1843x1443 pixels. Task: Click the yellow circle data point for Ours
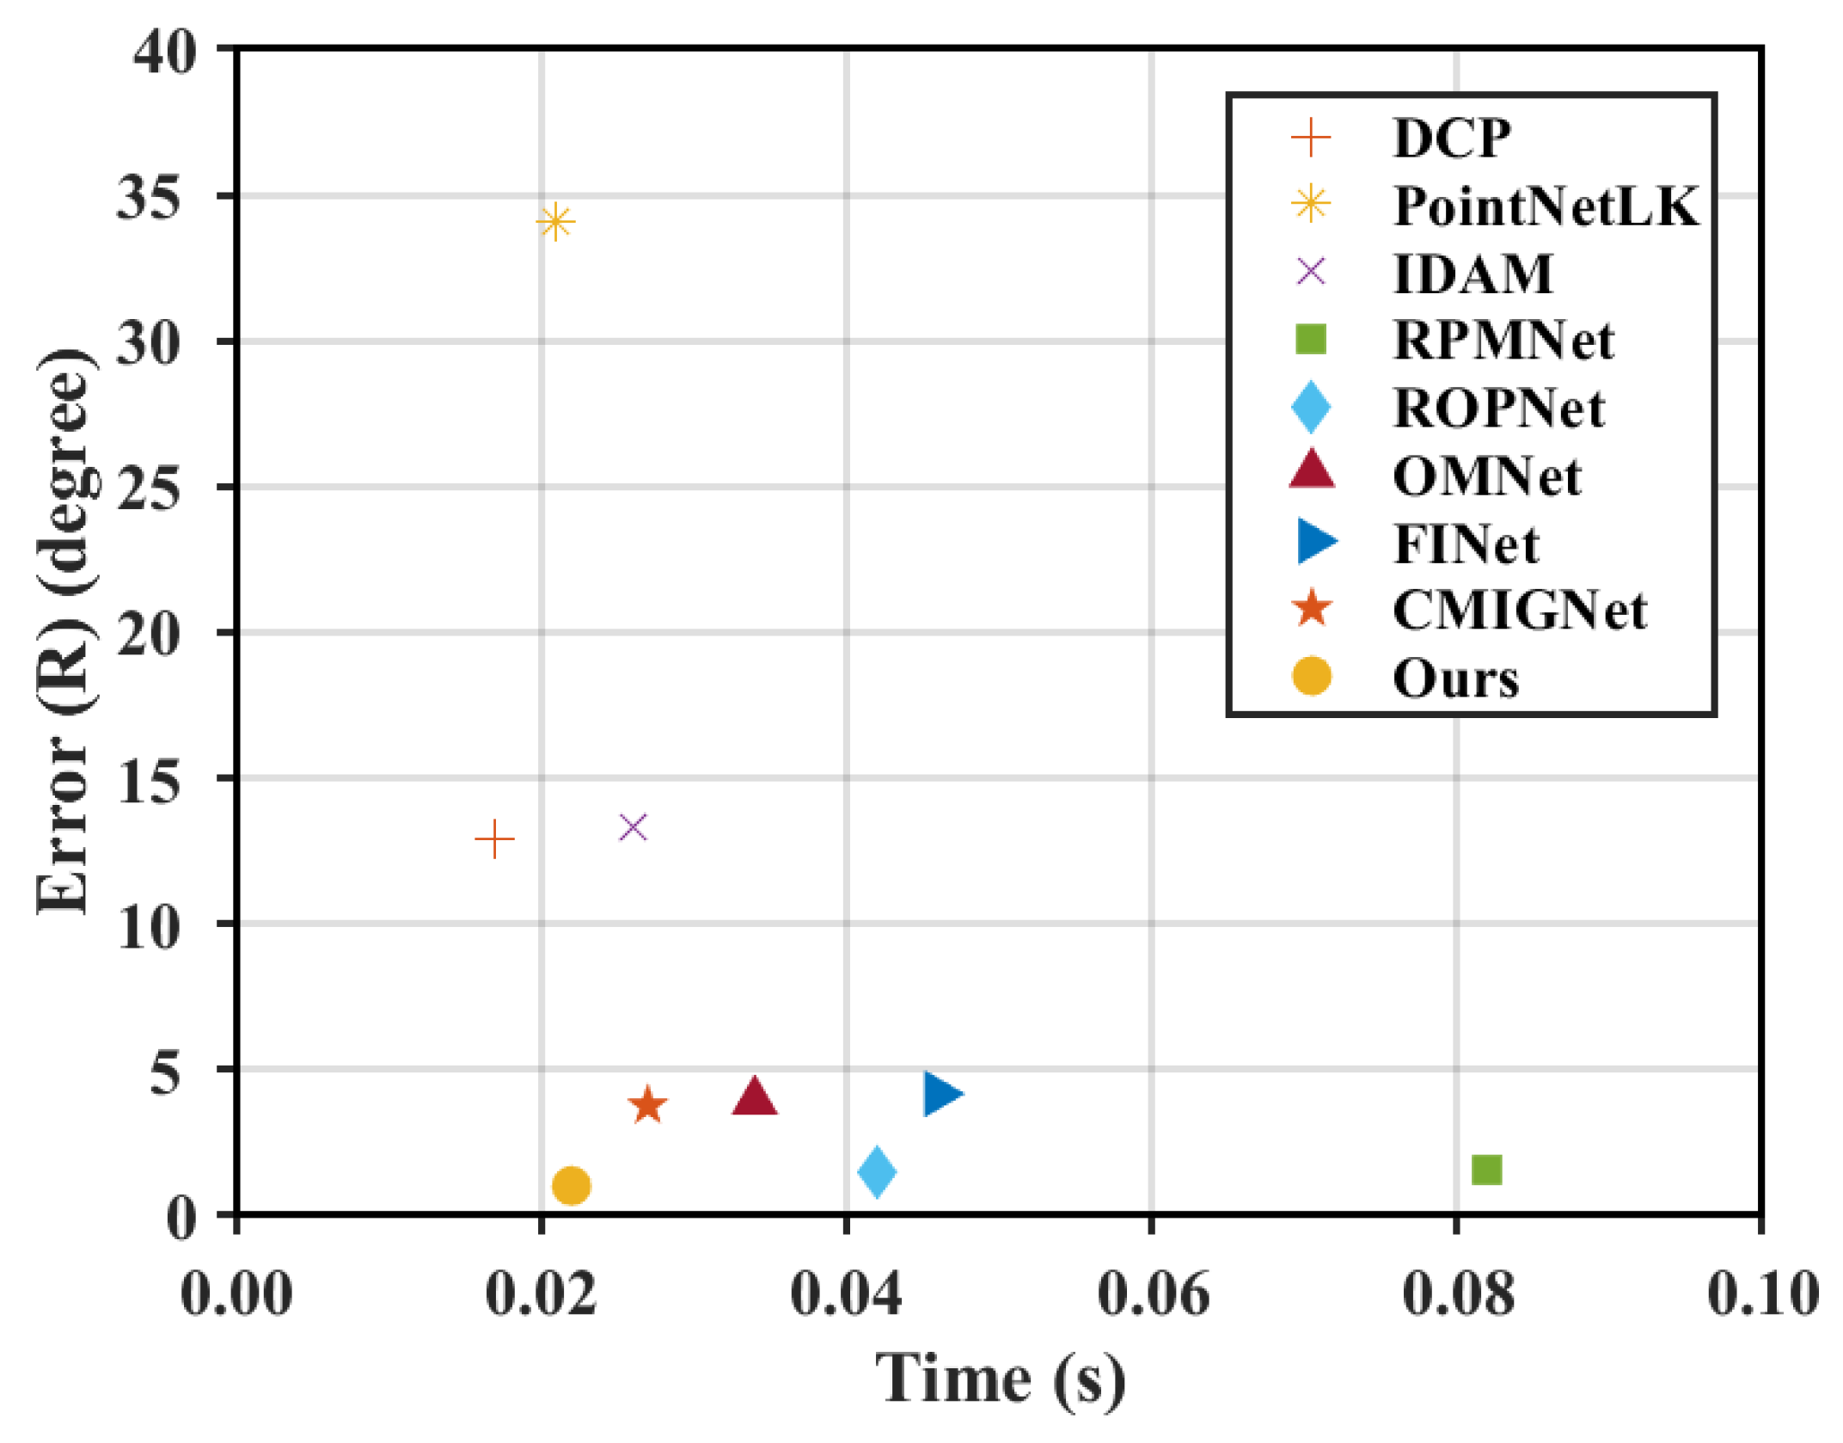[571, 1186]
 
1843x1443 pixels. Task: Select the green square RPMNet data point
[1486, 1170]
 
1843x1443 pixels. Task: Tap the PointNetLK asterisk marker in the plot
[555, 222]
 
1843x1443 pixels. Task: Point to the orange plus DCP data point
[494, 838]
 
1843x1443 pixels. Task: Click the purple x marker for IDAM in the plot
[633, 827]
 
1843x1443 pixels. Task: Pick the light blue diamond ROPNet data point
[877, 1171]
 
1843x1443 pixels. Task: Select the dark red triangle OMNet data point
[755, 1096]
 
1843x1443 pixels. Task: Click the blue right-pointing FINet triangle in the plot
[941, 1094]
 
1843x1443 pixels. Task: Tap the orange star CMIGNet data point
[647, 1105]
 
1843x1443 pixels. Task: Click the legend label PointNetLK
[1546, 206]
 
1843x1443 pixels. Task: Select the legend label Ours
[1455, 679]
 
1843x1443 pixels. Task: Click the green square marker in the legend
[1311, 339]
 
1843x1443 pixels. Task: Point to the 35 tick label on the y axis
[148, 197]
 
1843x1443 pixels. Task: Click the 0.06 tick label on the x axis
[1153, 1293]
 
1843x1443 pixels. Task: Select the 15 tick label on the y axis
[148, 780]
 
